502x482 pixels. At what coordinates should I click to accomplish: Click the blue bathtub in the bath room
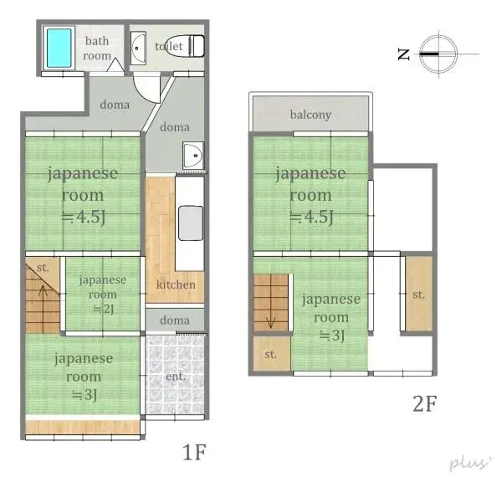[x=59, y=48]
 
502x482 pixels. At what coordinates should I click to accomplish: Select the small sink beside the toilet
[x=138, y=49]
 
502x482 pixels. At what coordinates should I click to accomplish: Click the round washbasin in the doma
[x=192, y=155]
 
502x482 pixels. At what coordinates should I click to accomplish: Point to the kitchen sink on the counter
[x=190, y=223]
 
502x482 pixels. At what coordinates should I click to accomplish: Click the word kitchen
[x=176, y=285]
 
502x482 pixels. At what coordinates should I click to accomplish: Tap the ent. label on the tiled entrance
[x=176, y=377]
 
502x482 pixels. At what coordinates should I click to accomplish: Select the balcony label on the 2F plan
[x=310, y=114]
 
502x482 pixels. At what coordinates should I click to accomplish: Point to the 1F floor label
[x=194, y=453]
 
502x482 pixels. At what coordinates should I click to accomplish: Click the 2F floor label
[x=424, y=403]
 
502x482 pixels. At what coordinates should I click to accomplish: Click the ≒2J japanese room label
[x=103, y=308]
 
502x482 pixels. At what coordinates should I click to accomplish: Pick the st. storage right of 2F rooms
[x=418, y=295]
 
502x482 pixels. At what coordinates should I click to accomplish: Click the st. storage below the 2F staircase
[x=270, y=354]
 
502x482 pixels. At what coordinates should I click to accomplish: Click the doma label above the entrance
[x=175, y=320]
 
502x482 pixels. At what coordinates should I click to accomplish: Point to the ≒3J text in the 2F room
[x=331, y=336]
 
